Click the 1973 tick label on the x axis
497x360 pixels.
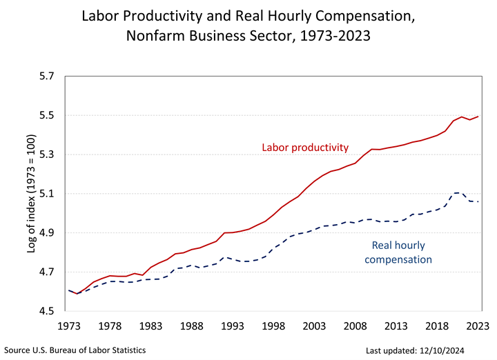[x=68, y=326]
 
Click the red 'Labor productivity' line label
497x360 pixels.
[x=305, y=148]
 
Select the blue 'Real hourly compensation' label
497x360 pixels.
[x=398, y=252]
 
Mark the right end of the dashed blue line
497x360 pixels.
[x=479, y=201]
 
